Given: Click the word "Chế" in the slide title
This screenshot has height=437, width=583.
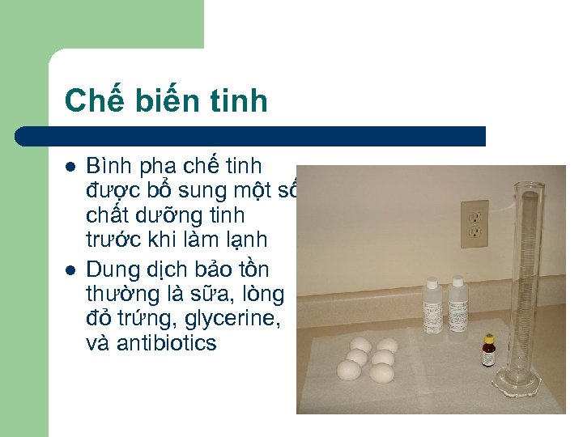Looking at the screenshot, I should click(x=91, y=100).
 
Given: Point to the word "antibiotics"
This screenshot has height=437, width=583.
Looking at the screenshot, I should click(x=167, y=343).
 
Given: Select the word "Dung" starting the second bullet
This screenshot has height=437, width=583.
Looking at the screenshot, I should click(x=109, y=268).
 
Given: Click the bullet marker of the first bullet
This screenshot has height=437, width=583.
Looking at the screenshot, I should click(x=71, y=167).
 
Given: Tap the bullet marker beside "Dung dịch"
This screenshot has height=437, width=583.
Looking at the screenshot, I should click(x=71, y=268).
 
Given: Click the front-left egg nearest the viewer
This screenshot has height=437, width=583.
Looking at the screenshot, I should click(x=349, y=371).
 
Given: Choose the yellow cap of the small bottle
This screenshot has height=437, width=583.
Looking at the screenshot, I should click(x=488, y=338).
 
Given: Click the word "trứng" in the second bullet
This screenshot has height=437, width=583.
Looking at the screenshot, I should click(x=134, y=318).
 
